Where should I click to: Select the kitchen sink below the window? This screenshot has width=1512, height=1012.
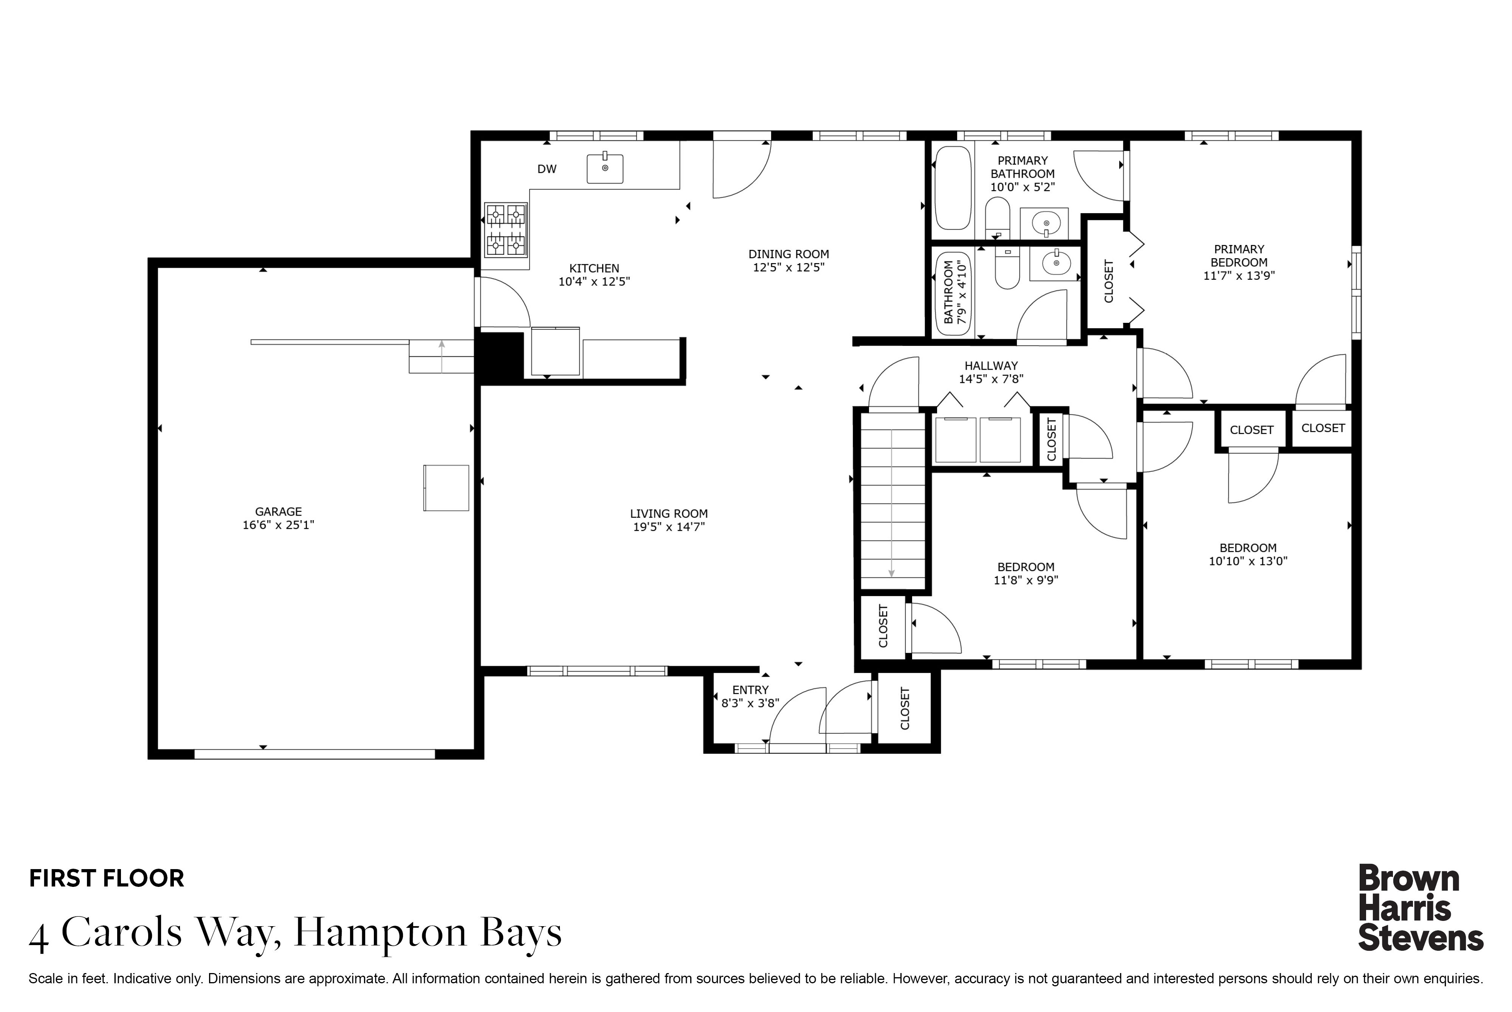point(605,168)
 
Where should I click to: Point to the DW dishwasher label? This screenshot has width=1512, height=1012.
point(547,169)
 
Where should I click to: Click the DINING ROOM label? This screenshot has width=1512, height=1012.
point(789,254)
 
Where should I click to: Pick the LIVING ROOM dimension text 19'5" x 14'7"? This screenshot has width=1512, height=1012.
point(669,527)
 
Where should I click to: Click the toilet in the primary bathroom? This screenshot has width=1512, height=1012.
point(998,219)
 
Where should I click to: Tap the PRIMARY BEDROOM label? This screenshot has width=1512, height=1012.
point(1239,256)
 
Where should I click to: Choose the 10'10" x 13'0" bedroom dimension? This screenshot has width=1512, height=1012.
point(1248,561)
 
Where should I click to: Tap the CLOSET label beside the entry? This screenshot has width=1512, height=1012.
point(904,709)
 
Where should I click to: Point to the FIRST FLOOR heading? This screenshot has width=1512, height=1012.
point(107,879)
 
